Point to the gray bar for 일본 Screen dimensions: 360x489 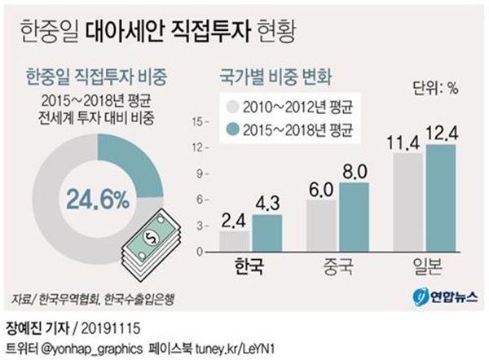click(409, 203)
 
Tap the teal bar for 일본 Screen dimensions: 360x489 click(440, 199)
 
